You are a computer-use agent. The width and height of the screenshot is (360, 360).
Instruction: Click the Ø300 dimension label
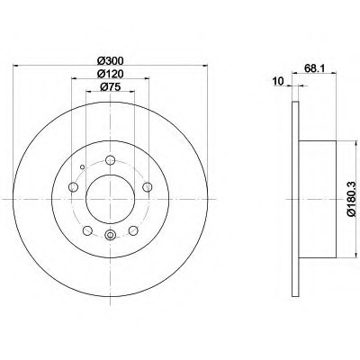(x=111, y=61)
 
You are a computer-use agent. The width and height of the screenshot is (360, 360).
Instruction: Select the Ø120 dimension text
(x=111, y=74)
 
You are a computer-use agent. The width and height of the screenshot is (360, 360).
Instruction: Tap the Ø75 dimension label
(x=110, y=87)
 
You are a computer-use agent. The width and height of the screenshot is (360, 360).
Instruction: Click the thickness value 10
(x=278, y=81)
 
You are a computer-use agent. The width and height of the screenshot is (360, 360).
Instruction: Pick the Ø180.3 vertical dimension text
(x=351, y=198)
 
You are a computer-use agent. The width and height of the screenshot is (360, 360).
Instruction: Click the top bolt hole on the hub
(x=111, y=160)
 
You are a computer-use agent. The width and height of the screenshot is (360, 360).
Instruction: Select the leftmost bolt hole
(x=73, y=187)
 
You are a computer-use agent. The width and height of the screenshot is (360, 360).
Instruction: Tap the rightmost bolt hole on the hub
(x=148, y=187)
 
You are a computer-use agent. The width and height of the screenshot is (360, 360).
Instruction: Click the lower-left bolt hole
(x=87, y=230)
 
